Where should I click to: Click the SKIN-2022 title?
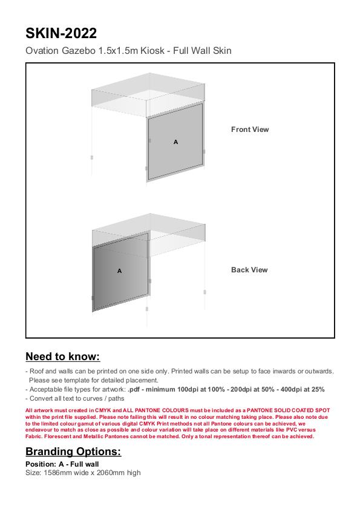61,33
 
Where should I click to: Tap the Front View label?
250,129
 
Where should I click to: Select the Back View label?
249,270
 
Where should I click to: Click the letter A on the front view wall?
175,142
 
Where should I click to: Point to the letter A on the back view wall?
119,271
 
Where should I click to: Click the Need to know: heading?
63,356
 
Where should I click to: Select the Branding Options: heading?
73,452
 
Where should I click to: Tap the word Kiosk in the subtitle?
152,51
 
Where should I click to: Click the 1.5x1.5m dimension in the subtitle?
118,51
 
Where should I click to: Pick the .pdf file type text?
134,390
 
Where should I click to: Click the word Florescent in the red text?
57,436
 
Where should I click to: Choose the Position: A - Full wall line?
62,464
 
